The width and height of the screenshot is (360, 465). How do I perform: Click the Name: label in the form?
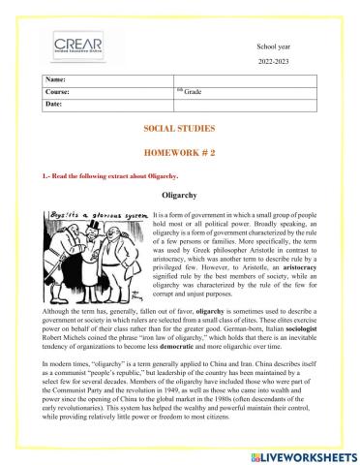(57, 78)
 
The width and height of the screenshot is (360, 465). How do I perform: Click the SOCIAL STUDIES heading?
(179, 128)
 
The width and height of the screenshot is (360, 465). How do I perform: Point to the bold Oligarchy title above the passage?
(181, 195)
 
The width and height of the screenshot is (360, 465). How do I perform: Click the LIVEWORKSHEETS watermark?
(299, 452)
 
